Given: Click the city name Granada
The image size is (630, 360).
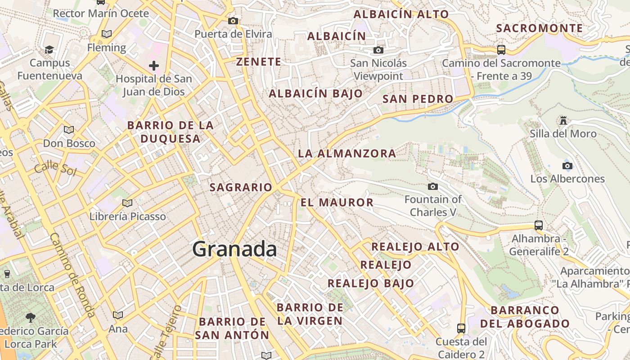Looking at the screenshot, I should (234, 249).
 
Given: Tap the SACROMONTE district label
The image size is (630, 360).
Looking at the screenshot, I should (539, 28).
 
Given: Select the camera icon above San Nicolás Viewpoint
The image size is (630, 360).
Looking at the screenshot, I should (378, 50).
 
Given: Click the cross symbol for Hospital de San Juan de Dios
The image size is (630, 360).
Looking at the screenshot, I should (154, 66).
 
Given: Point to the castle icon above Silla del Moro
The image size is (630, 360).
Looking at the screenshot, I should (563, 120).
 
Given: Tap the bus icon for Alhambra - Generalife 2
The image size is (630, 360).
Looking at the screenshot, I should (539, 225).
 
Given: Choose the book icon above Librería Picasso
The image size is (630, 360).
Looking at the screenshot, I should (127, 203).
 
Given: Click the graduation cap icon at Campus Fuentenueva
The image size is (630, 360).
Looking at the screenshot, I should (49, 49).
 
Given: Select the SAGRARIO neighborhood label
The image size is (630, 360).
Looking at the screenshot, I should (241, 187).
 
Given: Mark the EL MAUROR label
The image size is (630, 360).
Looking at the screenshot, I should (337, 202).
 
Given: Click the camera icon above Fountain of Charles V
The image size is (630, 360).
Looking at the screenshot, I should (433, 186).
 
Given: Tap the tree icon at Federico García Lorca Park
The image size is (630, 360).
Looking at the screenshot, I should (31, 318).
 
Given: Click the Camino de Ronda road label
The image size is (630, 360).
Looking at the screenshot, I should (72, 274).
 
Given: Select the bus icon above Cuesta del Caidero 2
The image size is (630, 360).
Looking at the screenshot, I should (461, 328).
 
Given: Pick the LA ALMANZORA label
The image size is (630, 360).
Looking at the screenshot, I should (347, 153).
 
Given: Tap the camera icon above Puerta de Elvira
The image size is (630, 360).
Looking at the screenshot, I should (233, 21).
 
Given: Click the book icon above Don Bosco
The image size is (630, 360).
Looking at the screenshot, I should (69, 130).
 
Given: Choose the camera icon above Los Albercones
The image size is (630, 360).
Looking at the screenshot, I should (567, 166).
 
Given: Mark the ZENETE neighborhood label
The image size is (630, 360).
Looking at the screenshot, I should (259, 62).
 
